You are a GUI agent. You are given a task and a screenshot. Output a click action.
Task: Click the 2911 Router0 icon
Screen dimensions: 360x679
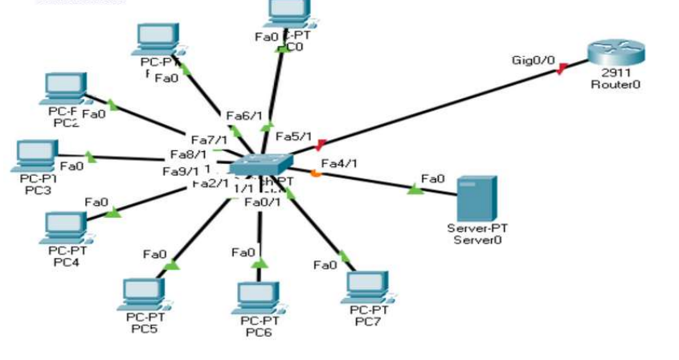(615, 54)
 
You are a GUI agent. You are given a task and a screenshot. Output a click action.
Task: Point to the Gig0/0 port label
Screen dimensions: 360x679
(531, 60)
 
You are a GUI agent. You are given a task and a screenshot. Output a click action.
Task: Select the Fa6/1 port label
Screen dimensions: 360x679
(244, 116)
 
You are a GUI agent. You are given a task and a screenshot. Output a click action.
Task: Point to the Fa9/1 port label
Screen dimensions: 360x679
(181, 170)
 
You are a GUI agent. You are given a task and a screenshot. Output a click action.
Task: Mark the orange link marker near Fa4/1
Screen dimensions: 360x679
(316, 174)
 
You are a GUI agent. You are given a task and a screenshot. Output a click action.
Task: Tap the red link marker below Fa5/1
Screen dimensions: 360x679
(321, 145)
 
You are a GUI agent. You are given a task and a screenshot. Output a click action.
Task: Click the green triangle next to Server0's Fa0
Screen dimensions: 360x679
(415, 189)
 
